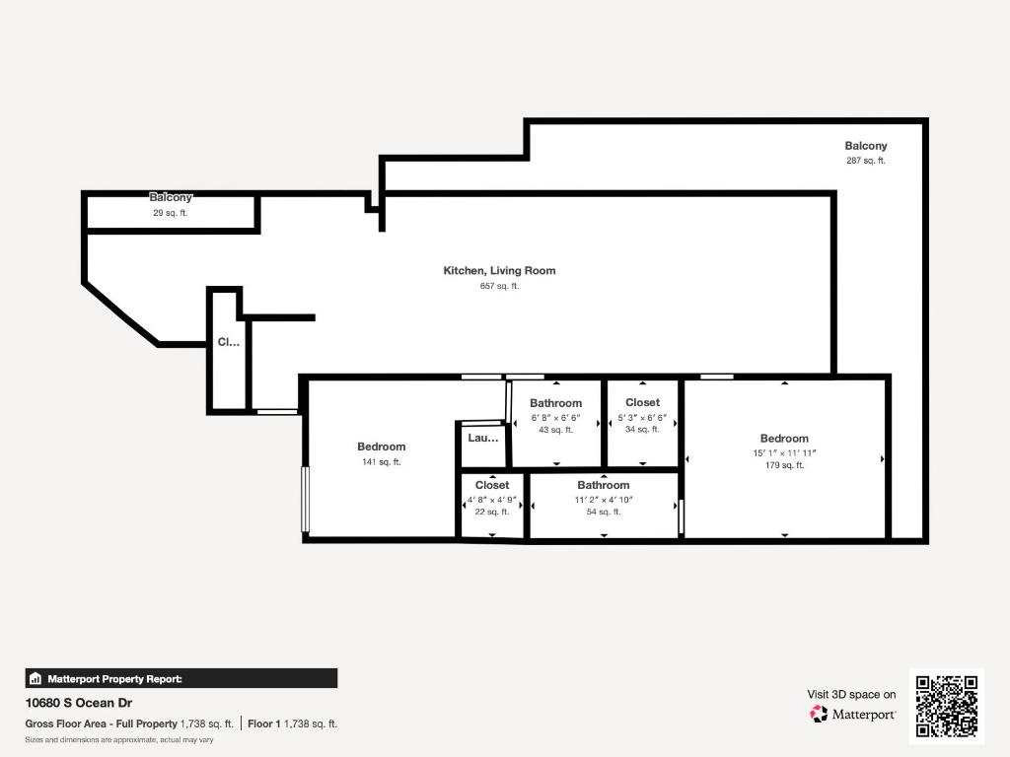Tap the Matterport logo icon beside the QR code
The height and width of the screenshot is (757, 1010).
pos(819,714)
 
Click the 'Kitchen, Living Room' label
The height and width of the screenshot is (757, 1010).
pos(499,271)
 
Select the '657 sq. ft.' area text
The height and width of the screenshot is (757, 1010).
pos(499,286)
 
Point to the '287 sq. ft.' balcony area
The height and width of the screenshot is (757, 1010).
pos(866,161)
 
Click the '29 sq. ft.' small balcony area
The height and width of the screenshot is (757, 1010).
pos(171,213)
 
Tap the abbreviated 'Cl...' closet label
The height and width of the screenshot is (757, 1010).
pos(228,343)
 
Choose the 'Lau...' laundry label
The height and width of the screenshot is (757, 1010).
pos(483,438)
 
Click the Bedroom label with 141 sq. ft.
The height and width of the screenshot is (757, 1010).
pos(381,447)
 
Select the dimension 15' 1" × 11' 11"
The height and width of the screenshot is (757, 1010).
pos(784,452)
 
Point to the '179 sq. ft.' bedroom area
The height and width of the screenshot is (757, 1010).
pos(784,465)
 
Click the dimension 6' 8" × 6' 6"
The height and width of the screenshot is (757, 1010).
pos(555,417)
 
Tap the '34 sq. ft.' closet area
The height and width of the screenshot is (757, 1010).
pos(642,429)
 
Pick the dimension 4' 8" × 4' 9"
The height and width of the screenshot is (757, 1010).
pos(492,500)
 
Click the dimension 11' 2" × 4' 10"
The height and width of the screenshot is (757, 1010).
pos(604,500)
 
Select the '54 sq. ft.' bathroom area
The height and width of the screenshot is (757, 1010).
pos(604,512)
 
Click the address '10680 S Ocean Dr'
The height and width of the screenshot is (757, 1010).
pos(79,704)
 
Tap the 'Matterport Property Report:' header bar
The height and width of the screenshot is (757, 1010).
pos(181,678)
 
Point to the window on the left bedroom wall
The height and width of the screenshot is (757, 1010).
pos(306,499)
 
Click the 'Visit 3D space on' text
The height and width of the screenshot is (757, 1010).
pos(851,695)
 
